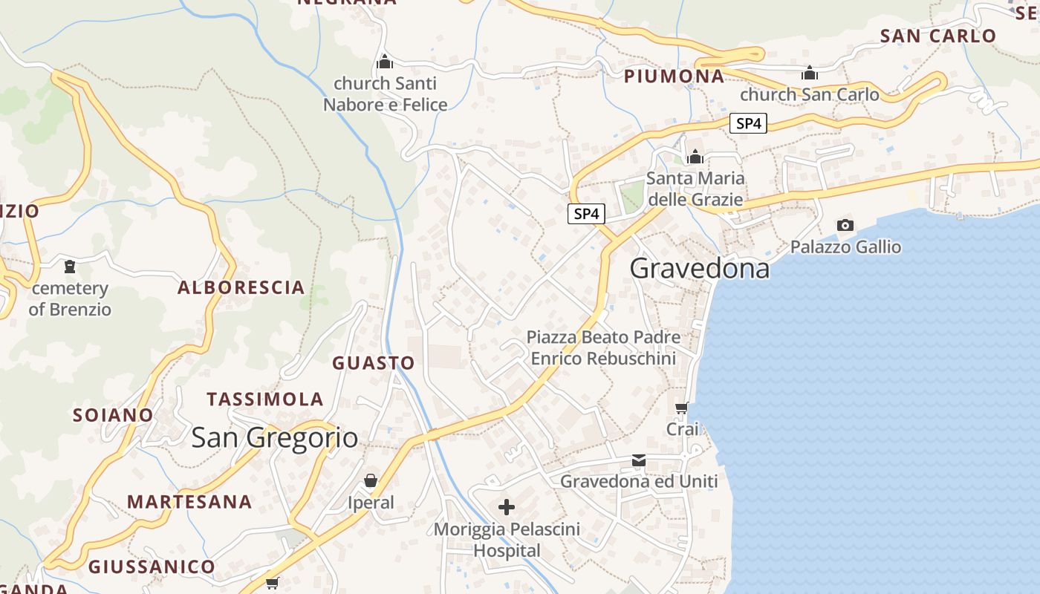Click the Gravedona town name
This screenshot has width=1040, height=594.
tap(700, 269)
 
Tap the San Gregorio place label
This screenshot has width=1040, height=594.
tap(275, 437)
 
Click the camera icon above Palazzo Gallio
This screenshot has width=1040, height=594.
tap(845, 225)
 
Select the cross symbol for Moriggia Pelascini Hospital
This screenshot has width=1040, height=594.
tap(507, 507)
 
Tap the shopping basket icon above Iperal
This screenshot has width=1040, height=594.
tap(371, 481)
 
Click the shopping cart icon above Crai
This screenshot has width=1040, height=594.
tap(681, 408)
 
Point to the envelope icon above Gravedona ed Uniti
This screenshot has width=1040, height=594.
tap(639, 460)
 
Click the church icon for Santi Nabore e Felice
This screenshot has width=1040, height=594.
tap(385, 61)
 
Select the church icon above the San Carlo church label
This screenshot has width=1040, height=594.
tap(809, 73)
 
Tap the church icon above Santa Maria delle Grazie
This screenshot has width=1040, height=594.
tap(695, 157)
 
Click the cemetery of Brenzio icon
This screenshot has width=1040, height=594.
tap(70, 266)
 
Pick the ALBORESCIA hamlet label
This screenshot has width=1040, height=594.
tap(241, 287)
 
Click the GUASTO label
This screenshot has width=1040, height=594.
tap(373, 363)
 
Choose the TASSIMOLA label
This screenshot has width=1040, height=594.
tap(265, 399)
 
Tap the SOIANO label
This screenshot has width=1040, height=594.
tap(113, 415)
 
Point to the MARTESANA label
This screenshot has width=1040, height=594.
tap(189, 502)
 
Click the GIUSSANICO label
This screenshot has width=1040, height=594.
tap(152, 567)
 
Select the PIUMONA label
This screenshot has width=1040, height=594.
tap(674, 76)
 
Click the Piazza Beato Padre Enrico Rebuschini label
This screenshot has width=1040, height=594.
tap(603, 347)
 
